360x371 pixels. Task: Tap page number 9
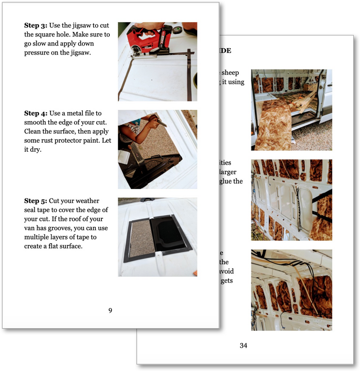tap(110, 310)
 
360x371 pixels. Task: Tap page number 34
tap(243, 345)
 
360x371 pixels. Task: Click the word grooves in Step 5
tap(57, 228)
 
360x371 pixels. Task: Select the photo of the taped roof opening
tap(157, 237)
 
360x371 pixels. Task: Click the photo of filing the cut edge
tap(157, 149)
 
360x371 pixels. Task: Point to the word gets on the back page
tap(227, 281)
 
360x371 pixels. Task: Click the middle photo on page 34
tap(292, 200)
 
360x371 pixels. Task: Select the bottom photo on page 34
tap(292, 290)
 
